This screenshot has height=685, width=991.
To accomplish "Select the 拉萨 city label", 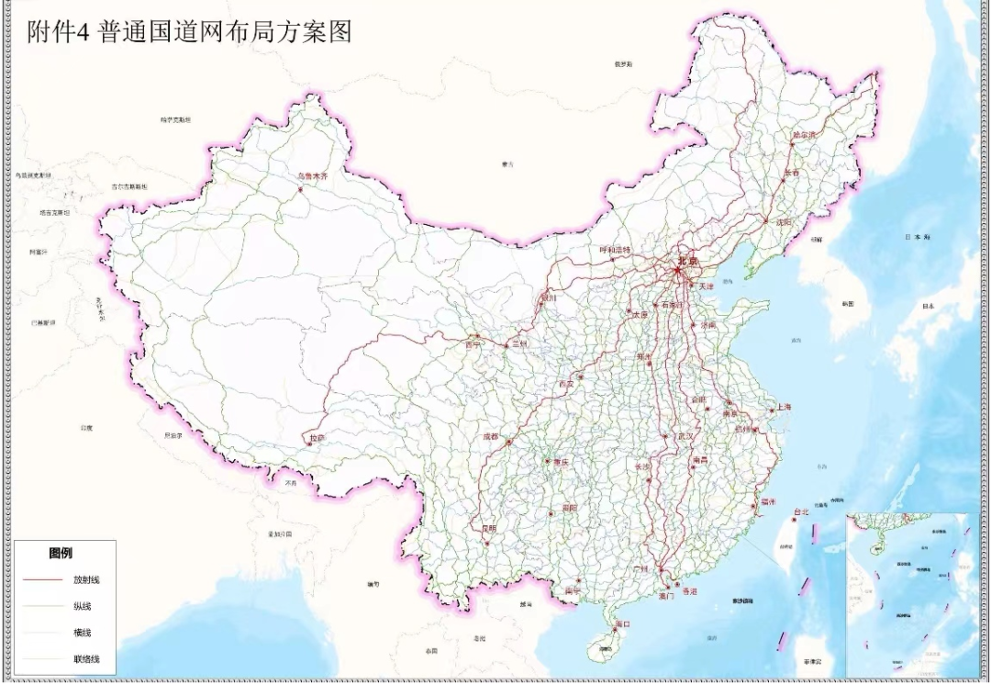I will (x=317, y=439).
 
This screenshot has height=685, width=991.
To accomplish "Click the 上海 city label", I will (x=783, y=406).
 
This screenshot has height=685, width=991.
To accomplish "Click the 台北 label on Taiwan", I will (x=801, y=511).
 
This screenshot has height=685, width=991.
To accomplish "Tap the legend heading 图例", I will (x=61, y=554).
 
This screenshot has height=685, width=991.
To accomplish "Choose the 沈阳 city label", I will (x=779, y=222).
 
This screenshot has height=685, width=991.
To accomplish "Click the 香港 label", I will (x=689, y=592).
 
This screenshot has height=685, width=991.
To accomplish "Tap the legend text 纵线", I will (x=83, y=606).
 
